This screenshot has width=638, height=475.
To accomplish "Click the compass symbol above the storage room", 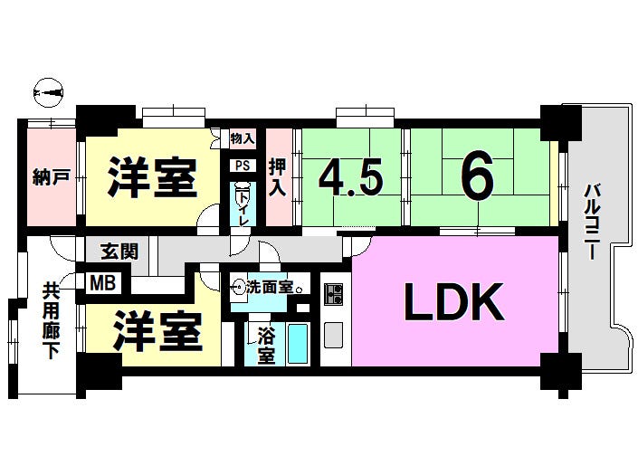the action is click(48, 93).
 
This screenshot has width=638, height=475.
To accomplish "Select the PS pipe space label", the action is click(243, 166).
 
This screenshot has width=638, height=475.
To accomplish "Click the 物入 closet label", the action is click(243, 138).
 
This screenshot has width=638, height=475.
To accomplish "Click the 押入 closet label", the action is click(278, 177).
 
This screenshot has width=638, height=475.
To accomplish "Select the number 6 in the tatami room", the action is click(477, 176).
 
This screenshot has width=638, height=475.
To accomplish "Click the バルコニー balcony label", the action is click(592, 222).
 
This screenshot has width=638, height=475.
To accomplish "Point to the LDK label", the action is click(454, 301).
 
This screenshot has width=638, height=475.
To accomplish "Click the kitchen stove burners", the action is click(334, 294).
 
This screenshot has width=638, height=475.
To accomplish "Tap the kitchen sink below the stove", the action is click(334, 335).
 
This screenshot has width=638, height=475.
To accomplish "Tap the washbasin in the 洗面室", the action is click(238, 287).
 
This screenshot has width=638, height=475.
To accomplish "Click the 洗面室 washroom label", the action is click(270, 287).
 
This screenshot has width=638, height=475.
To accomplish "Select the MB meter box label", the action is click(103, 282).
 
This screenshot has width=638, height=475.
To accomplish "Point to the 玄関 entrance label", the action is click(119, 252).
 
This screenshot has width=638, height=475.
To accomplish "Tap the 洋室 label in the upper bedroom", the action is click(153, 177).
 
